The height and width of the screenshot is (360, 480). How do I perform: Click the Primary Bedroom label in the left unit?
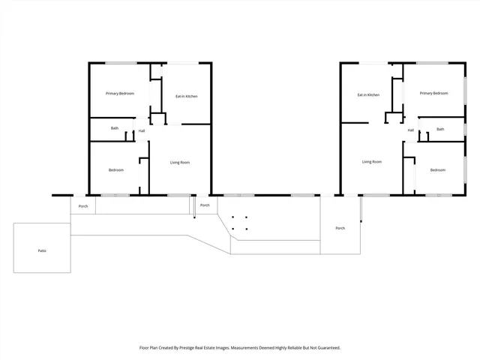click(x=120, y=93)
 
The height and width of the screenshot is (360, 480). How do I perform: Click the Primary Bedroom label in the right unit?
click(x=433, y=93)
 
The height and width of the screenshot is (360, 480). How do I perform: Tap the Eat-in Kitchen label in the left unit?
click(x=186, y=96)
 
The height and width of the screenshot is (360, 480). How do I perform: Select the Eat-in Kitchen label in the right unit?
click(x=368, y=95)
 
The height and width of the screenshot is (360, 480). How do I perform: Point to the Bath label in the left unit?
click(x=115, y=128)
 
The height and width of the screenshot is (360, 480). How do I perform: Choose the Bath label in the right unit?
click(x=440, y=129)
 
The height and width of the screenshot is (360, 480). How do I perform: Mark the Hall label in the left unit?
click(x=141, y=131)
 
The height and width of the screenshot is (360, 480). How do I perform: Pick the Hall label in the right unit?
click(x=411, y=130)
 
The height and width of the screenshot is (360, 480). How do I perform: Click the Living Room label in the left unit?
click(x=179, y=162)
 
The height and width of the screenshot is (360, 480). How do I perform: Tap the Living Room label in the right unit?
click(x=372, y=162)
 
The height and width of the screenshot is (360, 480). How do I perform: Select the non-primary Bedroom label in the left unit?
click(x=115, y=170)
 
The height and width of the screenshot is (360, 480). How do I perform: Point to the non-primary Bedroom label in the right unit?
click(x=437, y=170)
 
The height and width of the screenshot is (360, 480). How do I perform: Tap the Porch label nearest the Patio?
click(x=83, y=205)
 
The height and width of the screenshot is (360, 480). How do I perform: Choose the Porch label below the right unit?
click(x=340, y=228)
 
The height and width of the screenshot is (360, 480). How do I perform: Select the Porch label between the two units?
click(x=204, y=205)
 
